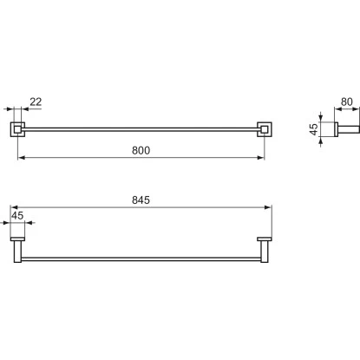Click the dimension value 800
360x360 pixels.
tap(141, 150)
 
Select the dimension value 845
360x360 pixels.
tap(141, 200)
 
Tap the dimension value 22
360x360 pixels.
tap(36, 101)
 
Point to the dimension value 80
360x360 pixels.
tap(347, 101)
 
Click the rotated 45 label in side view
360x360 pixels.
tap(313, 129)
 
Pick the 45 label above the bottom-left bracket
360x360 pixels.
tap(17, 215)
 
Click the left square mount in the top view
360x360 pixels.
tap(17, 129)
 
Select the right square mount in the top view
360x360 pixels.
tap(265, 129)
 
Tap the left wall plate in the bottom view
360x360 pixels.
tap(17, 239)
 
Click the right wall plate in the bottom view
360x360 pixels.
tap(265, 239)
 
